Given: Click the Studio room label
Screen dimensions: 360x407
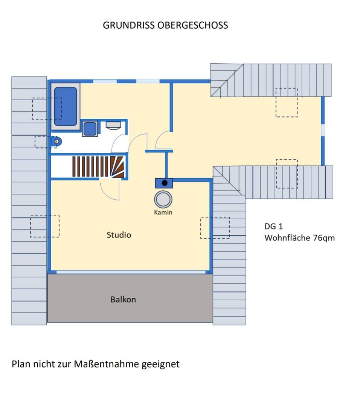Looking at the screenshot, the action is [x=119, y=235].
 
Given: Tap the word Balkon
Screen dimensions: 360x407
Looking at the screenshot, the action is [x=123, y=300].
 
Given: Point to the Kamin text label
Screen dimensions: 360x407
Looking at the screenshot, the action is [x=163, y=212].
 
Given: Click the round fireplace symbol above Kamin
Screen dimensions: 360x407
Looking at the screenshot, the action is [x=163, y=199].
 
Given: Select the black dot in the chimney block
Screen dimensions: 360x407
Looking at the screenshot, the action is [x=164, y=183].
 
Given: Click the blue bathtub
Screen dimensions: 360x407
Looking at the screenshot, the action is [x=66, y=107].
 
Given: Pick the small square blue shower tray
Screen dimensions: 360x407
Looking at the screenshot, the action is [x=90, y=129].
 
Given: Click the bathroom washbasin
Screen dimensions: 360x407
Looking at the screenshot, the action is [x=113, y=125].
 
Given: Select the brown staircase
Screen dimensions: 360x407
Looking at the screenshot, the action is [x=98, y=166].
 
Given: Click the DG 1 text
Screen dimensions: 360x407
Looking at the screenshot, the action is [x=273, y=226].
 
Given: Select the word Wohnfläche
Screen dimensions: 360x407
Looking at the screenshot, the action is [x=287, y=238].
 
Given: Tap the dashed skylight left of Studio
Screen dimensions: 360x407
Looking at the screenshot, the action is [x=45, y=226].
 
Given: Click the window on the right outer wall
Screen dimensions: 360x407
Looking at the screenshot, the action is [x=323, y=129].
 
